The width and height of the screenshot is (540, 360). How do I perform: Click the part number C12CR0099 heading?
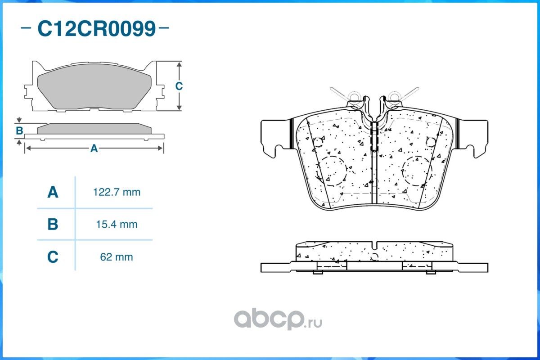pyautogui.click(x=96, y=29)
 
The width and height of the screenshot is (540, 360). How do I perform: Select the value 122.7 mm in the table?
pyautogui.click(x=117, y=193)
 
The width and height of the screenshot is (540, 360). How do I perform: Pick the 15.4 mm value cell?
pyautogui.click(x=117, y=224)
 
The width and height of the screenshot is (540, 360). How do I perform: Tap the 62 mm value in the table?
pyautogui.click(x=117, y=257)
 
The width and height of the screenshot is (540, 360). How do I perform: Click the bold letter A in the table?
pyautogui.click(x=53, y=193)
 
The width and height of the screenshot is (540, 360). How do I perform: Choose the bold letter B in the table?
pyautogui.click(x=53, y=224)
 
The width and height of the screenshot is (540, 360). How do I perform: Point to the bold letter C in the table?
pyautogui.click(x=53, y=257)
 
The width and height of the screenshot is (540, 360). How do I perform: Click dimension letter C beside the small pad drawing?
pyautogui.click(x=179, y=86)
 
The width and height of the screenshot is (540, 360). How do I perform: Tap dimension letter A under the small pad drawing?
pyautogui.click(x=94, y=148)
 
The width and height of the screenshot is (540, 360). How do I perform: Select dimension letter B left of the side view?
pyautogui.click(x=19, y=131)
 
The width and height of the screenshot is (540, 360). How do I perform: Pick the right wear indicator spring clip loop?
pyautogui.click(x=395, y=97)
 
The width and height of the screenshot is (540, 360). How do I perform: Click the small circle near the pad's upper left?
pyautogui.click(x=318, y=142)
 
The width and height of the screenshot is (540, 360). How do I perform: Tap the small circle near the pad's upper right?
pyautogui.click(x=430, y=142)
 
